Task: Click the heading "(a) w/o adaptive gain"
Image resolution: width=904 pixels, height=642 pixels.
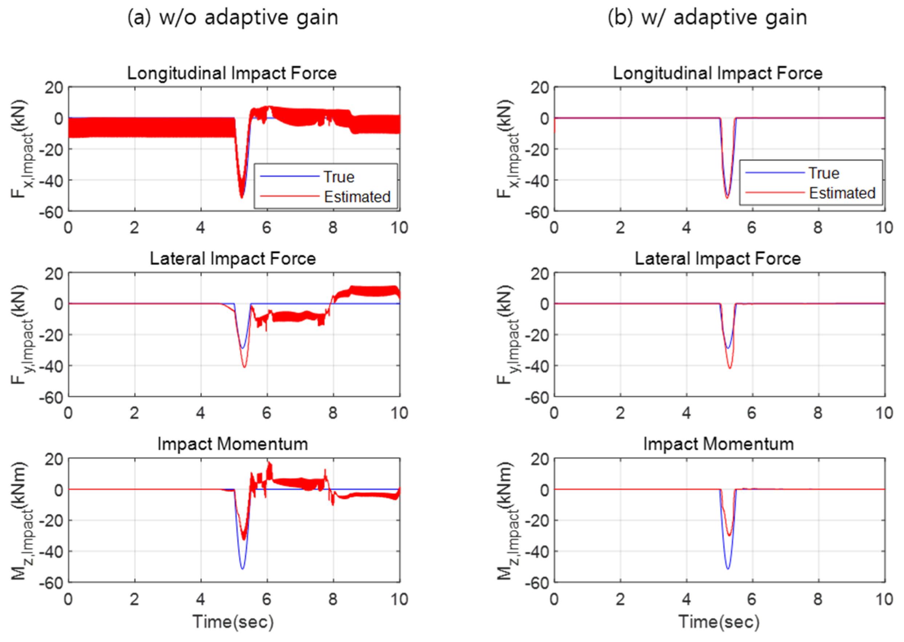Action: [x=233, y=18]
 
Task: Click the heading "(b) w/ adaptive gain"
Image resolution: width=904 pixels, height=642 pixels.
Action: [x=707, y=18]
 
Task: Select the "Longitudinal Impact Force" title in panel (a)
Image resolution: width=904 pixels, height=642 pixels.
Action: [x=232, y=73]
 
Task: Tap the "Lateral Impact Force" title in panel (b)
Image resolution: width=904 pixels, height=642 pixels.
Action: [x=718, y=259]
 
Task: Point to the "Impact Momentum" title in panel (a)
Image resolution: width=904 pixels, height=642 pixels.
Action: [x=233, y=444]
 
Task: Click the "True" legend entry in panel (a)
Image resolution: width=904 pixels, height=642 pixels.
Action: [x=339, y=177]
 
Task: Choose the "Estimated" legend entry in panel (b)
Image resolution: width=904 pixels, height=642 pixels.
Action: [x=842, y=193]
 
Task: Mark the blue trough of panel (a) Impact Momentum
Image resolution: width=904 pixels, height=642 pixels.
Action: [x=242, y=568]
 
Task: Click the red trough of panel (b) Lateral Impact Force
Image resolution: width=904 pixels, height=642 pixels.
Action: [x=730, y=367]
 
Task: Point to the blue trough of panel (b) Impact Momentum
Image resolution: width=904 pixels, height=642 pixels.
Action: [x=728, y=568]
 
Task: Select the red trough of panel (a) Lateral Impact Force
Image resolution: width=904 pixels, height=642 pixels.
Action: [x=245, y=367]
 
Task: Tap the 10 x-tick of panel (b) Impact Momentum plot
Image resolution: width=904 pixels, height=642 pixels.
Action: [x=884, y=599]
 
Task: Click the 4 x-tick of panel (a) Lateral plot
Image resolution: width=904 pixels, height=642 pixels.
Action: [x=201, y=414]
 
